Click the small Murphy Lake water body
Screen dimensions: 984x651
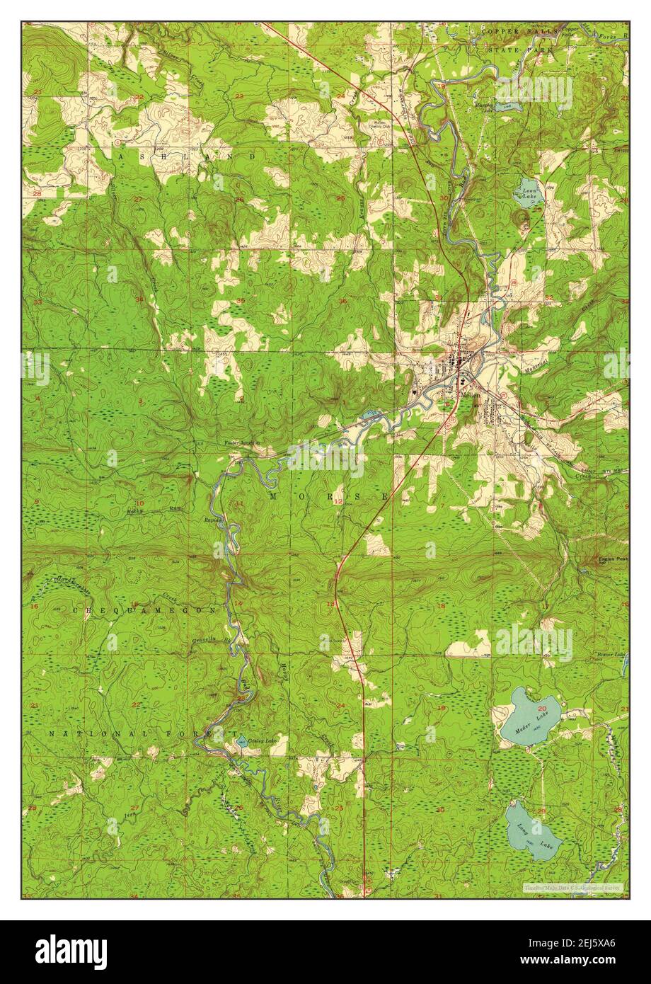(502, 107)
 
